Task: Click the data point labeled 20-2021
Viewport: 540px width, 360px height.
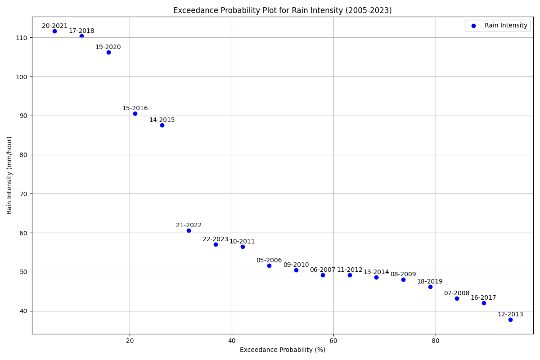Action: (54, 31)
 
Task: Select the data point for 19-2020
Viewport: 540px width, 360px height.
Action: (108, 52)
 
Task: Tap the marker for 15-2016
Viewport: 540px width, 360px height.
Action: (135, 113)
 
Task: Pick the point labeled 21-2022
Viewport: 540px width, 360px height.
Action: (189, 230)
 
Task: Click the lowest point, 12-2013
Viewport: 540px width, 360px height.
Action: (510, 319)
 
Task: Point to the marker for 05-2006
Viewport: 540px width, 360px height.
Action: (269, 265)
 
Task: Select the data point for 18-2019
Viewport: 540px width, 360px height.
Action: (430, 287)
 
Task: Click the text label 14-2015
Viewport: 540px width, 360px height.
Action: (162, 120)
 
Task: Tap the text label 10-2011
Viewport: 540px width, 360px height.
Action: (242, 242)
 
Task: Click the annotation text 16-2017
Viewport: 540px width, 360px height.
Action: (483, 298)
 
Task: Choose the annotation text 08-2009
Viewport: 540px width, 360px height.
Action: (403, 274)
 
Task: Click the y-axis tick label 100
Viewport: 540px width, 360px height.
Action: (22, 76)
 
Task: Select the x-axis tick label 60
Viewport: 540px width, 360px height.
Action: (333, 341)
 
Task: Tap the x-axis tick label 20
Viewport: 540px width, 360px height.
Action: (130, 341)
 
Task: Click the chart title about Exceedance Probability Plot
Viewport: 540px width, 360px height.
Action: (282, 10)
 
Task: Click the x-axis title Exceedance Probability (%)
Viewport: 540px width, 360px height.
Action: (282, 350)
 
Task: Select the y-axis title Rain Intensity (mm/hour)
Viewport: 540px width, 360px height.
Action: (9, 175)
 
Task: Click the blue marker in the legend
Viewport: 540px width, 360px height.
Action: (473, 26)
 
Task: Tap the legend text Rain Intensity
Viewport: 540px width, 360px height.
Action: (506, 26)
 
